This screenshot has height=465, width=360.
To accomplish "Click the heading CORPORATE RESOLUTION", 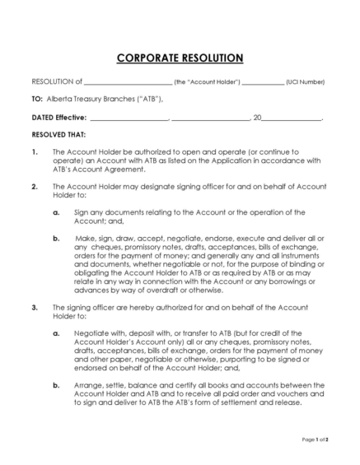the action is click(180, 58).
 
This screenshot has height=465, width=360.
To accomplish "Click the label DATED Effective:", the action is click(58, 117).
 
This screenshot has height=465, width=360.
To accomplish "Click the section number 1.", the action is click(34, 152).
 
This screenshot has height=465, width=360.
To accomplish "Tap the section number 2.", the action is click(34, 187).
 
